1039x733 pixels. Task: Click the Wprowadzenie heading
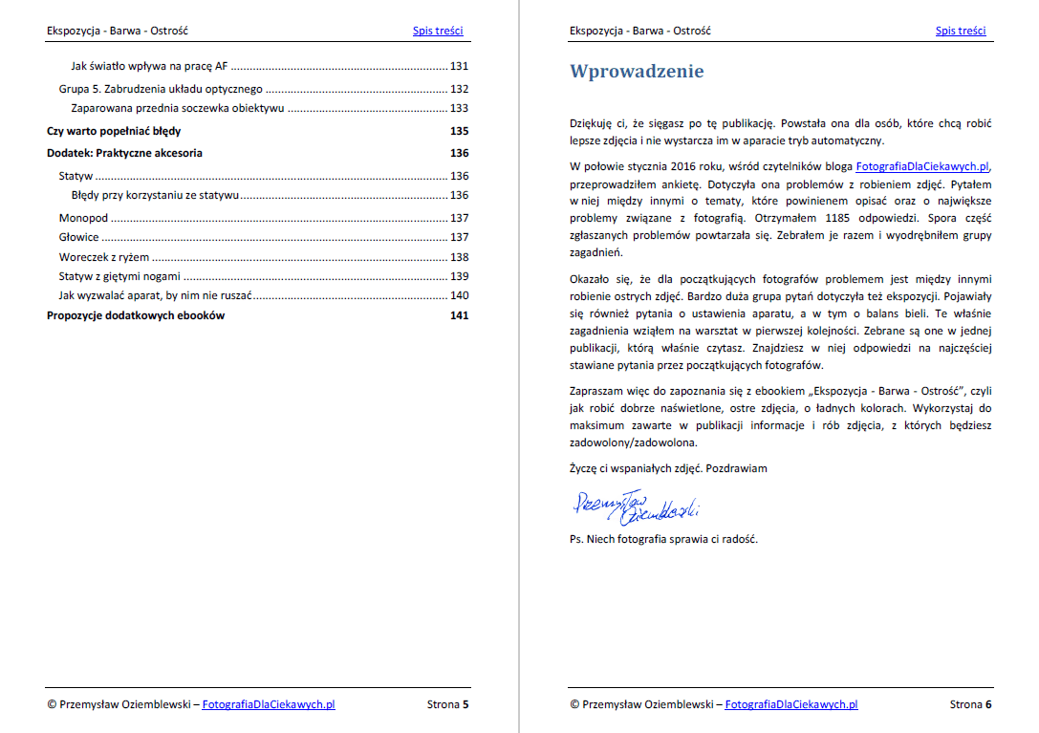pos(637,72)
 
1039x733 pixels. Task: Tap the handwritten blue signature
pos(635,508)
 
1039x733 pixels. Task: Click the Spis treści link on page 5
pos(438,31)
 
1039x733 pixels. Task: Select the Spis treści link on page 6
pos(961,31)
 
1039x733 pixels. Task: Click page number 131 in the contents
pos(459,67)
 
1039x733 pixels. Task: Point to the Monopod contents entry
pos(83,219)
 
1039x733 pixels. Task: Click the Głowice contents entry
pos(79,238)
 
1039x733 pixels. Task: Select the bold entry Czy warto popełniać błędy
pos(114,131)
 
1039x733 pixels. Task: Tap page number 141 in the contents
pos(459,315)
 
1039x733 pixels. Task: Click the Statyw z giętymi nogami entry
pos(119,276)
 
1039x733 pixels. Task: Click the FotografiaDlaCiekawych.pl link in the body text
pos(922,166)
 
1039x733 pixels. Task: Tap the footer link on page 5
pos(268,705)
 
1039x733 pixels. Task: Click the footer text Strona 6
pos(970,705)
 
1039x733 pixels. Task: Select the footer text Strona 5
pos(447,705)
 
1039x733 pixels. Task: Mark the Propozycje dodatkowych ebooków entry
pos(136,315)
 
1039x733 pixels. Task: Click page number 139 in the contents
pos(459,276)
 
